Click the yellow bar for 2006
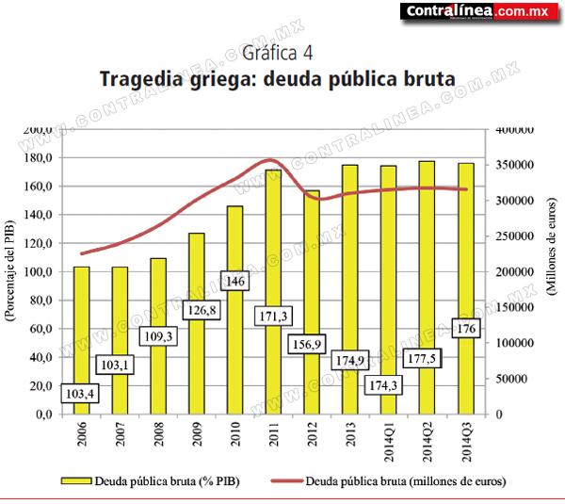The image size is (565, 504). click(x=81, y=340)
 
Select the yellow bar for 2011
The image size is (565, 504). click(x=273, y=292)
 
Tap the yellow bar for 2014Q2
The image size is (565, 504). click(x=427, y=287)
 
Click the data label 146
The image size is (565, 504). click(x=234, y=281)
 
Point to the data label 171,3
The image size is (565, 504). click(x=273, y=317)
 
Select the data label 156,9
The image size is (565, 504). click(x=307, y=344)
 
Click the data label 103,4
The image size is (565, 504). click(x=80, y=394)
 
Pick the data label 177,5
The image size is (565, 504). click(x=422, y=358)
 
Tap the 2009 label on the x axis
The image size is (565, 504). click(x=197, y=434)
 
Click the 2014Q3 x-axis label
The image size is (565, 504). click(x=466, y=442)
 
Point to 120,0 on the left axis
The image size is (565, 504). click(x=39, y=243)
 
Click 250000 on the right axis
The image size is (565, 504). click(x=514, y=236)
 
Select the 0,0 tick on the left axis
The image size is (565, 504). click(x=44, y=415)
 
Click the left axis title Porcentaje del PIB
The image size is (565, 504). click(x=10, y=270)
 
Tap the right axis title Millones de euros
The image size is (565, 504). click(x=551, y=247)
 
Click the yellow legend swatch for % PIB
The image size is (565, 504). click(x=76, y=481)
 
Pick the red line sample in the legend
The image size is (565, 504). click(x=287, y=480)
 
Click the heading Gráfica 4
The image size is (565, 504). click(x=277, y=53)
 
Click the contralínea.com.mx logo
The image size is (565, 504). click(x=479, y=11)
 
